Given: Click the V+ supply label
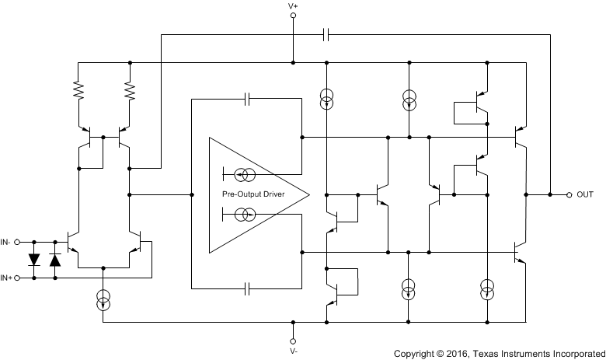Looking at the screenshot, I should pyautogui.click(x=293, y=6).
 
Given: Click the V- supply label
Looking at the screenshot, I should pyautogui.click(x=293, y=351).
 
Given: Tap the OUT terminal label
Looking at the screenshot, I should pyautogui.click(x=585, y=194).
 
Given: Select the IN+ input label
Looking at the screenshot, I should pyautogui.click(x=8, y=278).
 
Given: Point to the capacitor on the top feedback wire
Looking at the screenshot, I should pyautogui.click(x=326, y=34).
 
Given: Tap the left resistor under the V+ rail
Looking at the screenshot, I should pyautogui.click(x=78, y=92).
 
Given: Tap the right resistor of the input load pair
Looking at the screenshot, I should pyautogui.click(x=130, y=92).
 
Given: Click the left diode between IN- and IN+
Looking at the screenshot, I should pyautogui.click(x=35, y=260).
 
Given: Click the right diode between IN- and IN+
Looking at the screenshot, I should pyautogui.click(x=54, y=260).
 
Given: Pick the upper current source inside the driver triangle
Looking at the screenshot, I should pyautogui.click(x=243, y=173).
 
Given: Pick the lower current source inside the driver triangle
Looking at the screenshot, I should pyautogui.click(x=243, y=214).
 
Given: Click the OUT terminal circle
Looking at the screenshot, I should pyautogui.click(x=569, y=194).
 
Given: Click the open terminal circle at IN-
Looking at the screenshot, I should pyautogui.click(x=19, y=242).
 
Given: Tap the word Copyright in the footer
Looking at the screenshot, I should pyautogui.click(x=416, y=354).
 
